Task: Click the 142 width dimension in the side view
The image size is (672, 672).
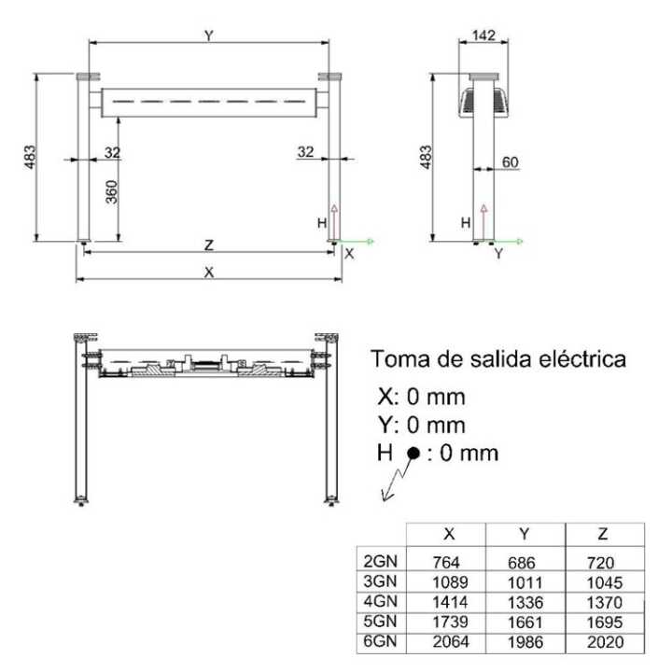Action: tap(483, 35)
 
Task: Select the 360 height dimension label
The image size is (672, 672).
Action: tap(111, 193)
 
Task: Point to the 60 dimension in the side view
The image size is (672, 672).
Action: tap(510, 161)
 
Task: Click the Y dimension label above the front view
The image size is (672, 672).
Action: tap(209, 35)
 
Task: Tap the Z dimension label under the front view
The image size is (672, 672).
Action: tap(209, 245)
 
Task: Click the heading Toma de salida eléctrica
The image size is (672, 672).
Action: tap(498, 358)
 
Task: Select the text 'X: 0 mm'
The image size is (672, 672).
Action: tap(421, 397)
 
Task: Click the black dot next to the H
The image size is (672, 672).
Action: tap(413, 454)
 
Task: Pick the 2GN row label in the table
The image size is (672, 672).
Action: tap(380, 562)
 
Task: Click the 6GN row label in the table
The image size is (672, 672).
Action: tap(380, 641)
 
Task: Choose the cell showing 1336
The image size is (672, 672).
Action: tap(525, 602)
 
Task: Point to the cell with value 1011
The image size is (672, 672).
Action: tap(525, 582)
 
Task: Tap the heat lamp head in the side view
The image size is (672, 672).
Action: tap(484, 98)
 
